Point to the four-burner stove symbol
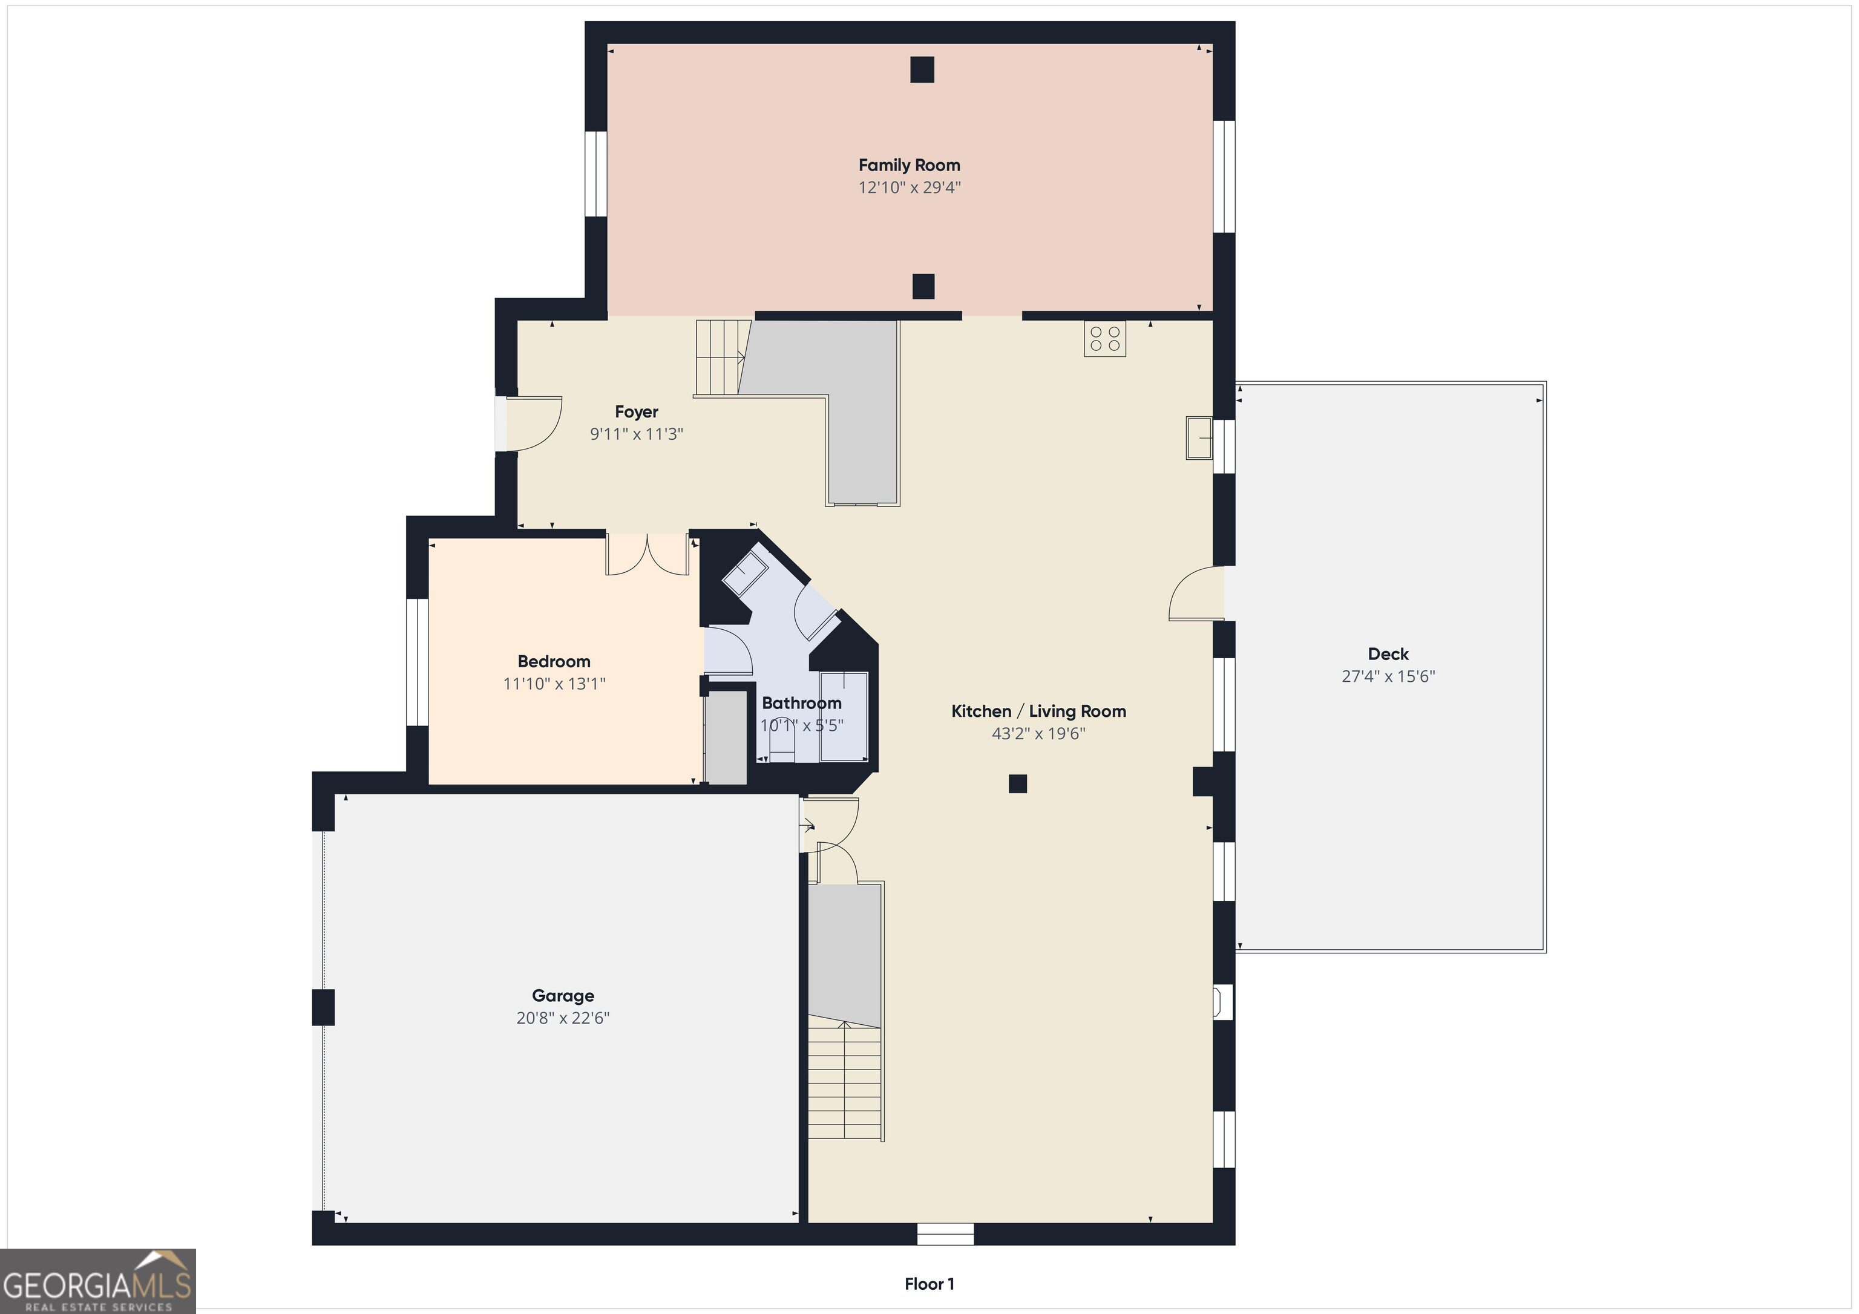1104,338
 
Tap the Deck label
1388,654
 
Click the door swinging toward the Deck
1197,594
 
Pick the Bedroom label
554,661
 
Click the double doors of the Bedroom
647,555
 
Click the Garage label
563,996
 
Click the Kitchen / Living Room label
1038,711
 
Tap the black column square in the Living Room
1018,783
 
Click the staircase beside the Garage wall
845,1081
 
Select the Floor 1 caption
929,1284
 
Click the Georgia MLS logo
97,1281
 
